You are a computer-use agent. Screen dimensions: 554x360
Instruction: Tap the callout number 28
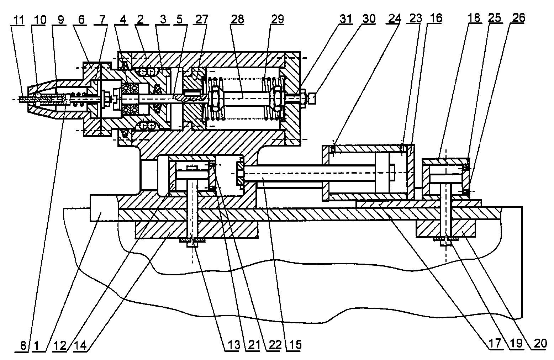pyautogui.click(x=237, y=19)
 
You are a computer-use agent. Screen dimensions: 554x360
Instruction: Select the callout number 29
pyautogui.click(x=277, y=19)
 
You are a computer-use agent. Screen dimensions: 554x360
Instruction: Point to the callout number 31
pyautogui.click(x=346, y=19)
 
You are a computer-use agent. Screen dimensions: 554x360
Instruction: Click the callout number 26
pyautogui.click(x=518, y=18)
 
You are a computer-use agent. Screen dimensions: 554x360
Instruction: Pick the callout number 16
pyautogui.click(x=436, y=18)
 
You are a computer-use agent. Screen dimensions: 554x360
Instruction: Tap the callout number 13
pyautogui.click(x=234, y=345)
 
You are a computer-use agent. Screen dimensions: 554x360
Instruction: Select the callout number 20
pyautogui.click(x=540, y=343)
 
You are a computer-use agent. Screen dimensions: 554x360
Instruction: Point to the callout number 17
pyautogui.click(x=495, y=343)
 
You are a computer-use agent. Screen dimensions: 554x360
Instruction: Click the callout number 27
pyautogui.click(x=201, y=19)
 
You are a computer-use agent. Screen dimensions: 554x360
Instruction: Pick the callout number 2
pyautogui.click(x=140, y=20)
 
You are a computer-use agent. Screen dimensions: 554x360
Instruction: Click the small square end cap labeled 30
pyautogui.click(x=312, y=98)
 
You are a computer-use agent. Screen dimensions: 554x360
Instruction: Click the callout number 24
pyautogui.click(x=394, y=18)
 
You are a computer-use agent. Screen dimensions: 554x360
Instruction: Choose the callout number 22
pyautogui.click(x=275, y=345)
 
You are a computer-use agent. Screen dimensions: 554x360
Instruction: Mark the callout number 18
pyautogui.click(x=474, y=18)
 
